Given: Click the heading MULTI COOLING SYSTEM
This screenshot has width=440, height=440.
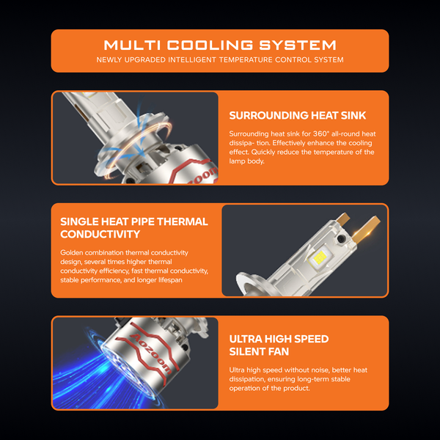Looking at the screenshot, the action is [x=220, y=45].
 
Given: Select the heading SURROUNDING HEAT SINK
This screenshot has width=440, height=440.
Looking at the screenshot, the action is [x=298, y=115].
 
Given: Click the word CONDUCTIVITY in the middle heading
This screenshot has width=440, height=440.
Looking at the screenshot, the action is [x=100, y=234].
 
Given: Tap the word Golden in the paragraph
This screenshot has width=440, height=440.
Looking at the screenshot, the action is [x=72, y=252].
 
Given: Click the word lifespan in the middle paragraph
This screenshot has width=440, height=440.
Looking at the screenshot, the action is [x=170, y=280].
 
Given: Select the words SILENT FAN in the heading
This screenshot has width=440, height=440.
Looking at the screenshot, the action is [x=259, y=351].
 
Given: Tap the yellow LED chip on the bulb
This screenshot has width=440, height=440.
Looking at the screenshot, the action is [x=320, y=257].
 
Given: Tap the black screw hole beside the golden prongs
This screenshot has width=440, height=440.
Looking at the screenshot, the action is [x=341, y=239].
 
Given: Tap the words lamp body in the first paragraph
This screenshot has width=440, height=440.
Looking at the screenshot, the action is [x=246, y=161].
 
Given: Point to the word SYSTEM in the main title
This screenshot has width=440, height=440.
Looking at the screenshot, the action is [x=298, y=45].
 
